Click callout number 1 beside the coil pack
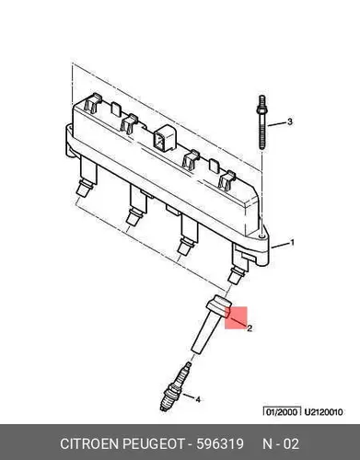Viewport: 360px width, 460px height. (293, 243)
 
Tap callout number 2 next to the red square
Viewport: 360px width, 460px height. (250, 328)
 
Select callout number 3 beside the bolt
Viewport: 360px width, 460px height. (290, 121)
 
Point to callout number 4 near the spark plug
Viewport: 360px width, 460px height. (198, 399)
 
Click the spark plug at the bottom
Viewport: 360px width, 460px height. (174, 387)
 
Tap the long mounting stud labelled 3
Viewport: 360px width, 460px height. (261, 122)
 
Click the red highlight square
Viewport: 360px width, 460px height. (236, 317)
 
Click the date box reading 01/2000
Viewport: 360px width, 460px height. (282, 411)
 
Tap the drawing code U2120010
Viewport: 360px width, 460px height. (323, 412)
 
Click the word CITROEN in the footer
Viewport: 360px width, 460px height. (89, 443)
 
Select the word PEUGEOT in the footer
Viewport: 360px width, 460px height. (154, 443)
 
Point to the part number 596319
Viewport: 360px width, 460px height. (220, 443)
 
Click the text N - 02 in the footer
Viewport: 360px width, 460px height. (281, 443)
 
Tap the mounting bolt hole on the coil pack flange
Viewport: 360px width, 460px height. (261, 236)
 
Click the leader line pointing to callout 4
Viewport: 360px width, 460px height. (189, 397)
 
